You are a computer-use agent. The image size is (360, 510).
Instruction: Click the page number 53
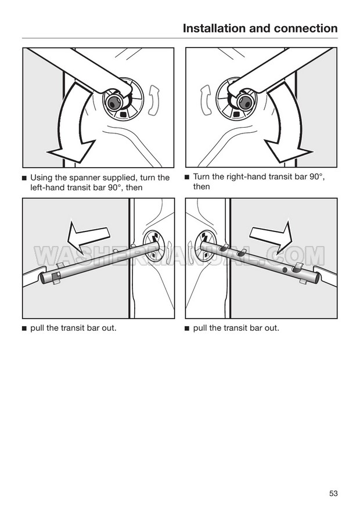(x=333, y=493)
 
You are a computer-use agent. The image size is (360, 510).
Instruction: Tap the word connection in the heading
(x=305, y=28)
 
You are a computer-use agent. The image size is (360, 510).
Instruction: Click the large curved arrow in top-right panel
(x=286, y=125)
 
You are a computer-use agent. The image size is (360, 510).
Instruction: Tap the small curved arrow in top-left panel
(x=154, y=100)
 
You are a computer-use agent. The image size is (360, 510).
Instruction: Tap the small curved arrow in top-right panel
(x=206, y=100)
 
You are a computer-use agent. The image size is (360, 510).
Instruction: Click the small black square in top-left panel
(x=123, y=114)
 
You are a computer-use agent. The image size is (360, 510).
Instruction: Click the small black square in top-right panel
(x=237, y=114)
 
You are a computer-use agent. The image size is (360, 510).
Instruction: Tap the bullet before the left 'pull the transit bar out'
(x=24, y=328)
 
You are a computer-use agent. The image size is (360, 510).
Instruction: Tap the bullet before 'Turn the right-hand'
(x=187, y=177)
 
